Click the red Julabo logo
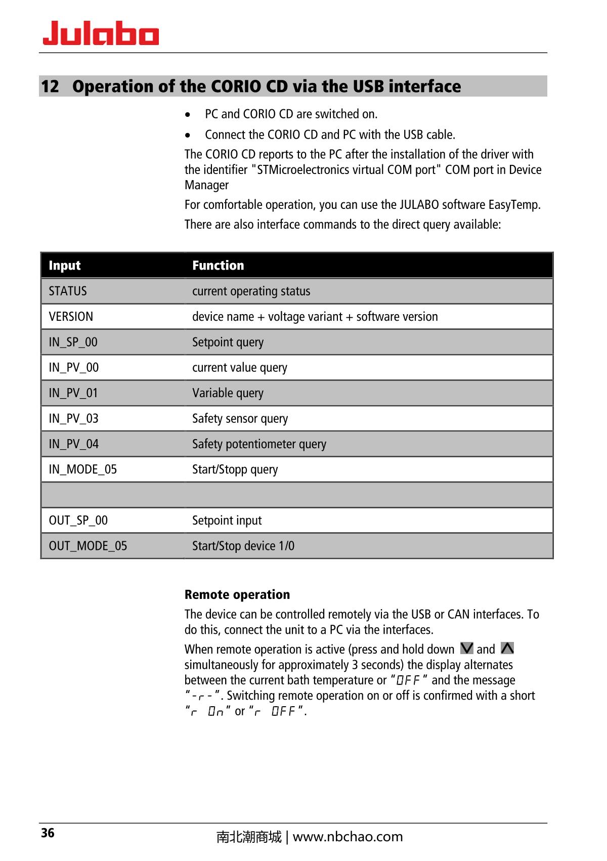[101, 34]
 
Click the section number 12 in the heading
[50, 87]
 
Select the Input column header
[65, 266]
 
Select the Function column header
[218, 266]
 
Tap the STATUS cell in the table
[68, 291]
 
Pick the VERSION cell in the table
[71, 317]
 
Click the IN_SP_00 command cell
[73, 342]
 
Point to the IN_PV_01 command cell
[73, 393]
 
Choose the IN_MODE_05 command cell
[82, 469]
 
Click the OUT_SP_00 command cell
[78, 521]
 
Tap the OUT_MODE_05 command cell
[88, 546]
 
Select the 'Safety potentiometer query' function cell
[259, 444]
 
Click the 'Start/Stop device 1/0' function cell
[243, 546]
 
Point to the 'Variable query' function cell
[228, 393]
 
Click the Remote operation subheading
[237, 594]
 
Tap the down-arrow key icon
[467, 649]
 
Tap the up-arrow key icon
[507, 649]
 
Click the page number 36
[48, 833]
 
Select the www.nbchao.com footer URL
[348, 837]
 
